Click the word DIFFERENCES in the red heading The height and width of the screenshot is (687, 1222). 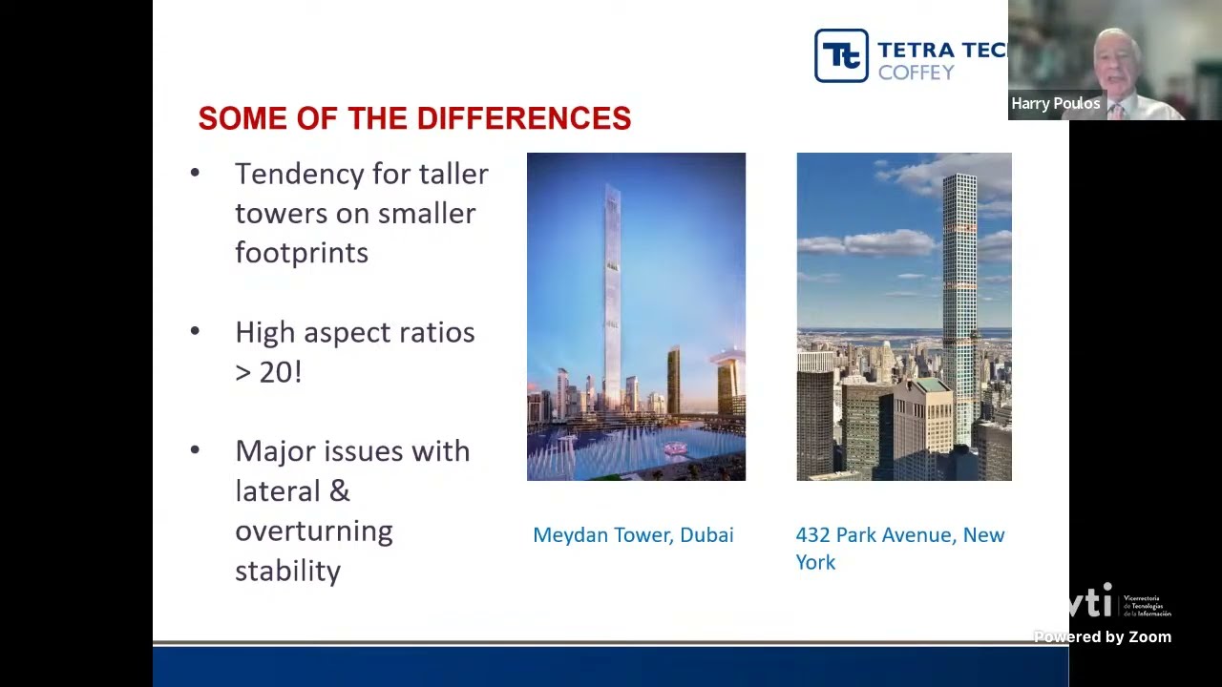[524, 118]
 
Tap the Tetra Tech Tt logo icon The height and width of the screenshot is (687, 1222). [841, 55]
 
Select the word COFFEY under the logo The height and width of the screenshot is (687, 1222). [916, 73]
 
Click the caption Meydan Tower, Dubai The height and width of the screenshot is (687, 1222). [633, 535]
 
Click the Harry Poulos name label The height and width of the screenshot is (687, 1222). [1055, 103]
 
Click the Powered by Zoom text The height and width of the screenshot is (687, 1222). [1102, 637]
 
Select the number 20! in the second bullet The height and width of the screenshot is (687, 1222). [281, 372]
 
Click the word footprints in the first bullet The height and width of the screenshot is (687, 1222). [302, 253]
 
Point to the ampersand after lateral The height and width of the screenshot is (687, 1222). [340, 491]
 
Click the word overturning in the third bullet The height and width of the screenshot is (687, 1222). [313, 531]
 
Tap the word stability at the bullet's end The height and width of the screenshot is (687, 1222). [287, 572]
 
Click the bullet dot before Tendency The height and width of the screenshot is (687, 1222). [195, 173]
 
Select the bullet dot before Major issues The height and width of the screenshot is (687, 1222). [195, 449]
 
